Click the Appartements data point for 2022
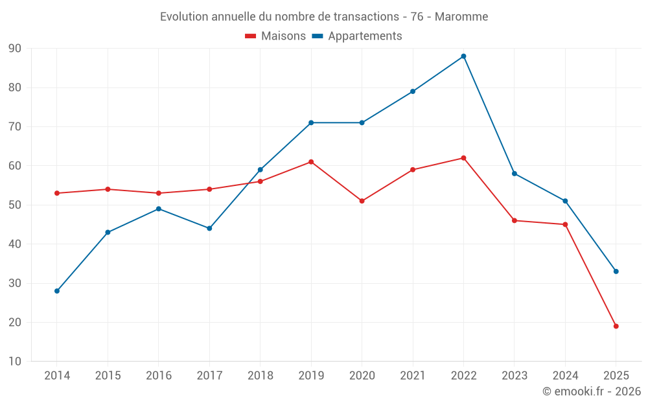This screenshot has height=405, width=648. (463, 56)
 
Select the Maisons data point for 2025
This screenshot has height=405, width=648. (616, 326)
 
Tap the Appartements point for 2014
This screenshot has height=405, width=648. (57, 291)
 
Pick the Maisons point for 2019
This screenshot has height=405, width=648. (311, 162)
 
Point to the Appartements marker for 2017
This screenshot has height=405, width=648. (209, 228)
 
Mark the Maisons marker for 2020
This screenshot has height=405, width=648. (362, 201)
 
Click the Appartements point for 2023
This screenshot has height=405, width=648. (515, 174)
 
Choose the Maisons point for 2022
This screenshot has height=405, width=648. (463, 158)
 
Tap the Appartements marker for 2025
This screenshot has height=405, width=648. (616, 272)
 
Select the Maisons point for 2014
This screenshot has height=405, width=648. (57, 193)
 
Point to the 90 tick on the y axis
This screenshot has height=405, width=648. (15, 49)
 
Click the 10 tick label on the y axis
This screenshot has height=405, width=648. (15, 362)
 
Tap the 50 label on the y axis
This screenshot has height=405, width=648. (15, 205)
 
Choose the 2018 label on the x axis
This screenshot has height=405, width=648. (260, 376)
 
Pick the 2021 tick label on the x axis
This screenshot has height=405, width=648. (413, 376)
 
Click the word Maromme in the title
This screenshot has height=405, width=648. (462, 16)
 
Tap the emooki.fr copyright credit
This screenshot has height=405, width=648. (592, 391)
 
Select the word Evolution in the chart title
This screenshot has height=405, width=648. (184, 16)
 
